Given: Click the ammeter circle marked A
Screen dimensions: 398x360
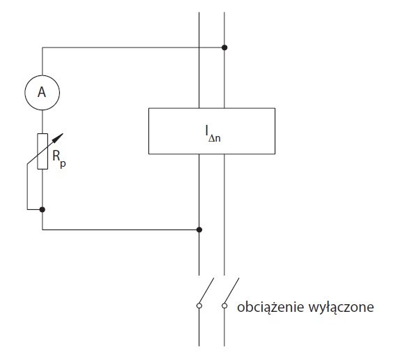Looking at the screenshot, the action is click(42, 75).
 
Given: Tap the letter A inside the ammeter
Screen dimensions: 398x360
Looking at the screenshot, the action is click(42, 92).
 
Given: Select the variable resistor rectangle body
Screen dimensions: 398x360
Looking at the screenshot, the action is click(38, 151).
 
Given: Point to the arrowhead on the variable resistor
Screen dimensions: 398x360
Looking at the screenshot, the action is click(59, 137).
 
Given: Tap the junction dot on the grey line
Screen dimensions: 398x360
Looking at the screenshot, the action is click(224, 47).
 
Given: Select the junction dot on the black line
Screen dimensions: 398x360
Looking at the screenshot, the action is click(199, 230).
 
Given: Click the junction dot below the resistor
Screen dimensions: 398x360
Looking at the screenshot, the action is click(43, 209).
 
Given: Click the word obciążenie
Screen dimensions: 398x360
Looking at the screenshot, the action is click(270, 307).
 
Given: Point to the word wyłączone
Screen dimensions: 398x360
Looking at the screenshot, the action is click(341, 308).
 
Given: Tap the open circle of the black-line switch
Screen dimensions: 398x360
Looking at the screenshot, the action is click(199, 306).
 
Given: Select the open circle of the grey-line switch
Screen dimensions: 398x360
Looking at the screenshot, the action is click(224, 306).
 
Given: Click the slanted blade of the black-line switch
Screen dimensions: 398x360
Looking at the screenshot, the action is click(206, 291).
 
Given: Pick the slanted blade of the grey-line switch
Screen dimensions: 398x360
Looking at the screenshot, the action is click(231, 291).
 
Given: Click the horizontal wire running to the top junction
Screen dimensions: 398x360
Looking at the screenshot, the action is click(133, 47).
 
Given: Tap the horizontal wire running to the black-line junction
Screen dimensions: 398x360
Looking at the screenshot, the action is click(121, 230).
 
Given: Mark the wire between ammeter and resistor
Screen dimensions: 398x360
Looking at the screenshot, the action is click(43, 121).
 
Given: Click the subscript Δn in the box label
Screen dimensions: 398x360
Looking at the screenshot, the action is click(215, 138).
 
